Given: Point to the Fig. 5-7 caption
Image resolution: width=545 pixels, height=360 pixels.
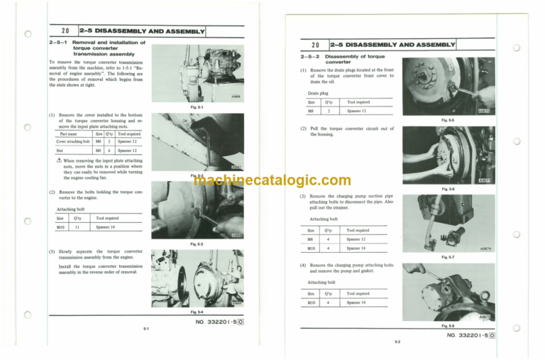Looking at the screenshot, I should point(448,256).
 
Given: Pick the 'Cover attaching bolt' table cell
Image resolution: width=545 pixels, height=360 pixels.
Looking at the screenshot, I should point(73,141).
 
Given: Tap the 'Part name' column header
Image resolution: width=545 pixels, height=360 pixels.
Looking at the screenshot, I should point(69,133).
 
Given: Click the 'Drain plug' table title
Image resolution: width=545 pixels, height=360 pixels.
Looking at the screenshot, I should point(318,93).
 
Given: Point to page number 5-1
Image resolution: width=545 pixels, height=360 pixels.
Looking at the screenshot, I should point(145,329).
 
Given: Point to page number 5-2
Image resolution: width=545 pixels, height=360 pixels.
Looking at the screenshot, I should point(398,342).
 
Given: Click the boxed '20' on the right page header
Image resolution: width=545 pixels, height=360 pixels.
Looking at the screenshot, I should point(314,44).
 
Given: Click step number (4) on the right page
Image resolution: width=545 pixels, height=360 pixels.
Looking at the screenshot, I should point(303,265).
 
